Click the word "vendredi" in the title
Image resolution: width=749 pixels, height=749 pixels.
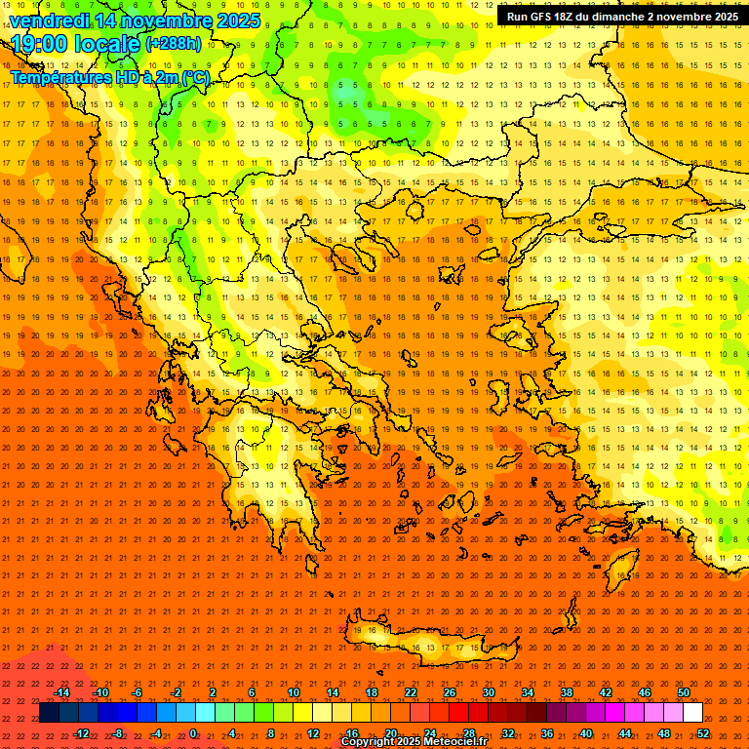49,20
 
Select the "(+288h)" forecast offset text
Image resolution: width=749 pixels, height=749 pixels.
174,44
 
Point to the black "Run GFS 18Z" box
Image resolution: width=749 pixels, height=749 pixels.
621,17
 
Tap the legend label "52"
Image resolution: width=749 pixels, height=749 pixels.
703,733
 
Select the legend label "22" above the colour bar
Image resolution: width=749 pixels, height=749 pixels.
411,692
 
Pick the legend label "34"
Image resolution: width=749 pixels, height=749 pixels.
528,692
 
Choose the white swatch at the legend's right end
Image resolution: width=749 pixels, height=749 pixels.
692,713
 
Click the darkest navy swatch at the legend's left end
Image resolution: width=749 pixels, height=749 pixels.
49,713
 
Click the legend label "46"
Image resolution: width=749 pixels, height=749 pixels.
645,692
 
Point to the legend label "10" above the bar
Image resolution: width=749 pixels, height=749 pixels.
294,692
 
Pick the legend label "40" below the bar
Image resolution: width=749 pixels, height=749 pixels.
586,733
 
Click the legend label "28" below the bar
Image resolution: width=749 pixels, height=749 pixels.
469,733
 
